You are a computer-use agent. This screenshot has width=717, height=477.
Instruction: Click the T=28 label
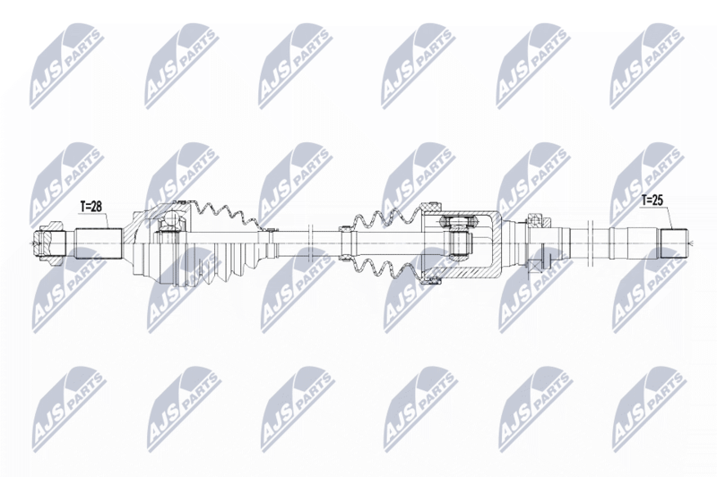point(91,207)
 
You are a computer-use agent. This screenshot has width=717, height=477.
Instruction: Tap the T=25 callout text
point(652,200)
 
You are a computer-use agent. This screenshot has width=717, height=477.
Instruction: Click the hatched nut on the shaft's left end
point(48,244)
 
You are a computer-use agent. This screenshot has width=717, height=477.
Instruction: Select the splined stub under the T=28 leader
point(99,244)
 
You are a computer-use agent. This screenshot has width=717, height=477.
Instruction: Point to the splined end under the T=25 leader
point(673,243)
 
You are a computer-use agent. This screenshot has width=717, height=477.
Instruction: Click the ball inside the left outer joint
point(172,220)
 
